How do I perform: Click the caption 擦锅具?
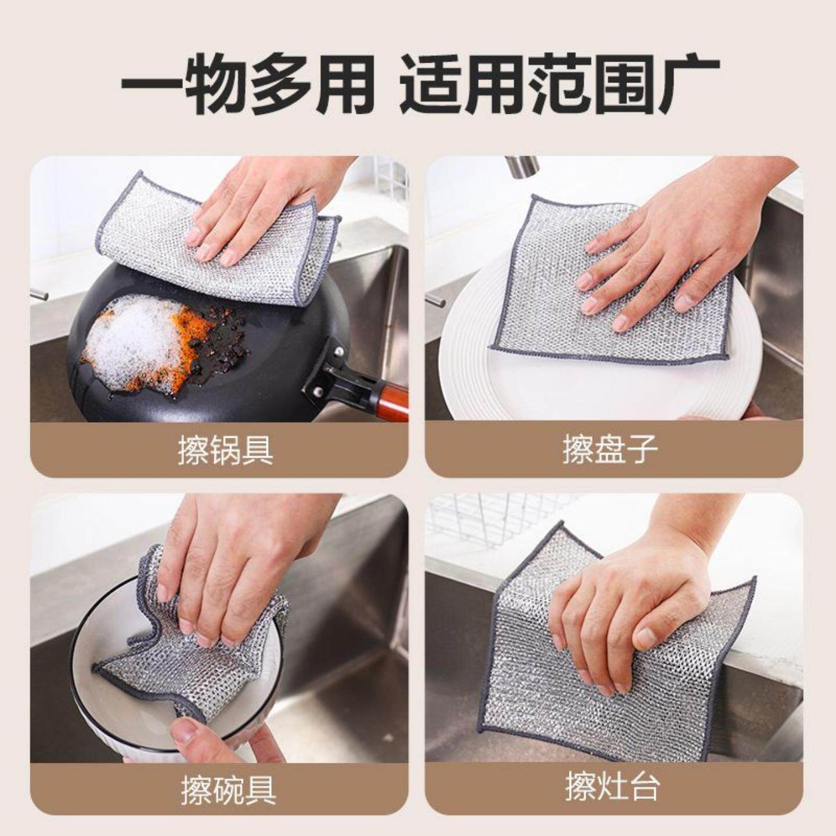225,451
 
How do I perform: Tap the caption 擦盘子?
610,450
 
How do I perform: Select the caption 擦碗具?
228,790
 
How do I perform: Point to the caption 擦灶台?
612,788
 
